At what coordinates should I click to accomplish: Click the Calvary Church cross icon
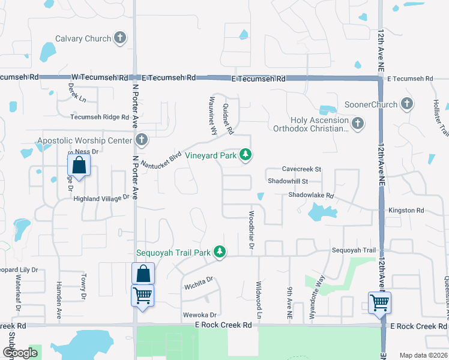pyautogui.click(x=120, y=38)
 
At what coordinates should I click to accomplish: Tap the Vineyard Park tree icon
pyautogui.click(x=245, y=155)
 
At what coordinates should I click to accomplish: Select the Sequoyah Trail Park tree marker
pyautogui.click(x=220, y=252)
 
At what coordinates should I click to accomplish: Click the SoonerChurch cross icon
pyautogui.click(x=407, y=104)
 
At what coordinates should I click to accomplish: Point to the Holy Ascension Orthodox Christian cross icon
pyautogui.click(x=358, y=124)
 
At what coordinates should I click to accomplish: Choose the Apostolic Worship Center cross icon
pyautogui.click(x=142, y=140)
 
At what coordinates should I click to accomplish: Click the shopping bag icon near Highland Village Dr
pyautogui.click(x=79, y=164)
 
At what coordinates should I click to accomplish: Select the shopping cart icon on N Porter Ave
pyautogui.click(x=143, y=295)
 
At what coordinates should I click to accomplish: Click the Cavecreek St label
pyautogui.click(x=302, y=170)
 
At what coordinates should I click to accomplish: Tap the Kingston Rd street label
pyautogui.click(x=406, y=211)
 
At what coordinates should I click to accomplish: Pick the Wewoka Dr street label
pyautogui.click(x=199, y=314)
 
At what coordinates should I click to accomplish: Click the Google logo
pyautogui.click(x=20, y=352)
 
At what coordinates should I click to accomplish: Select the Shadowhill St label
pyautogui.click(x=288, y=181)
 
